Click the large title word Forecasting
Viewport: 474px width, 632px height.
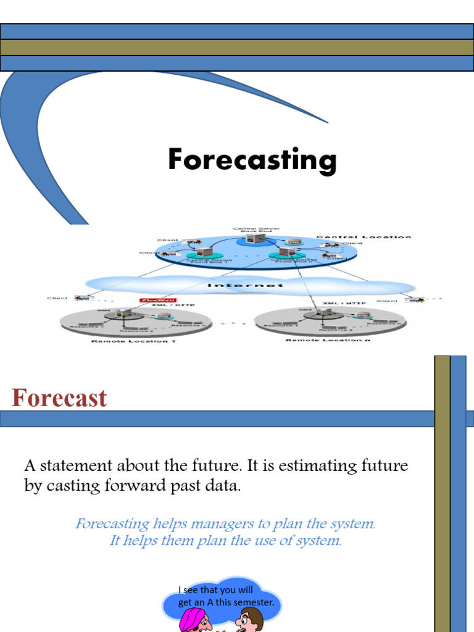pos(252,160)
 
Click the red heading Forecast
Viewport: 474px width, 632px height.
pos(59,398)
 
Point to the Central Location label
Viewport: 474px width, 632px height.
pos(364,237)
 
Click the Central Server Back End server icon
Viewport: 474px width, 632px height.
pos(252,238)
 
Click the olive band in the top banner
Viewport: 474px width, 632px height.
pos(237,48)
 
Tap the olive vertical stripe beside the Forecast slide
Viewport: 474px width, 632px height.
pos(442,494)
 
